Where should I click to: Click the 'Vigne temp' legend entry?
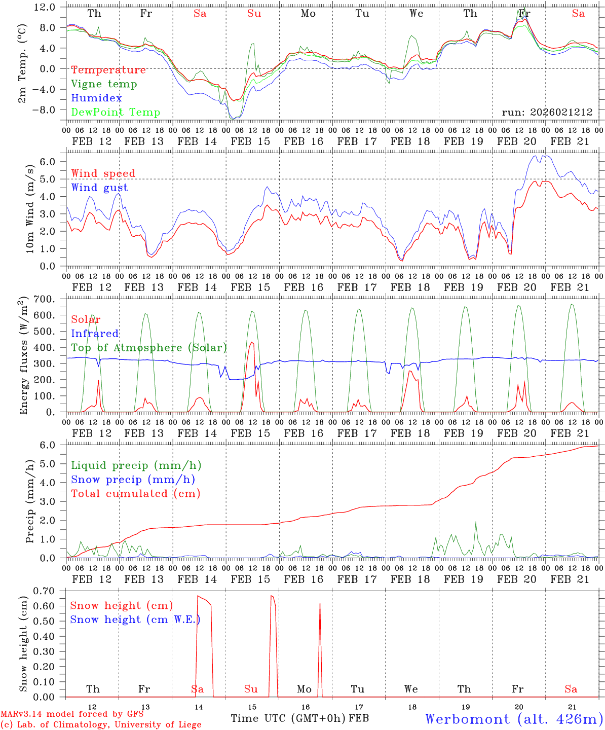(x=104, y=84)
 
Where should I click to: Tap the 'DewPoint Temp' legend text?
(x=116, y=113)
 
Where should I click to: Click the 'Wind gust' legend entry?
(x=99, y=188)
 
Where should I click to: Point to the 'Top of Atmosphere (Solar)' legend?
(x=149, y=348)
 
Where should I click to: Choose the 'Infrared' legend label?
(x=95, y=334)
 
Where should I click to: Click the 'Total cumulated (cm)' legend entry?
(x=135, y=493)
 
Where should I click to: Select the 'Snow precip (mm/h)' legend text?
(x=133, y=480)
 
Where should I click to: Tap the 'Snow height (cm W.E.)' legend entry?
(x=135, y=619)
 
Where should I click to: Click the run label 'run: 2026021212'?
(x=547, y=112)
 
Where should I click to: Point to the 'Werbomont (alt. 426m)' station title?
(x=513, y=719)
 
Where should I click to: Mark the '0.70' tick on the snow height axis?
(x=43, y=591)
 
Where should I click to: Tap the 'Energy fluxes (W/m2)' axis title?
(x=23, y=356)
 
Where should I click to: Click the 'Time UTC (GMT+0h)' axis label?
(x=288, y=718)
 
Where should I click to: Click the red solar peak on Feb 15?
(x=252, y=342)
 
